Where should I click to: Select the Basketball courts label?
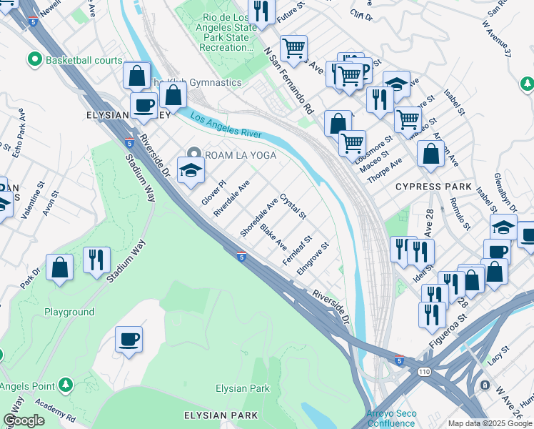[84, 60]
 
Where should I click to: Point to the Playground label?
[69, 312]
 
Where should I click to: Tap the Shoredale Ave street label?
[258, 219]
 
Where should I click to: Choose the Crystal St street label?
[293, 206]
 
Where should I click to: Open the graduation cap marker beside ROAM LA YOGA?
[191, 170]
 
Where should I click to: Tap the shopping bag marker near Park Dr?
[61, 268]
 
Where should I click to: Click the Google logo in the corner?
[24, 420]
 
